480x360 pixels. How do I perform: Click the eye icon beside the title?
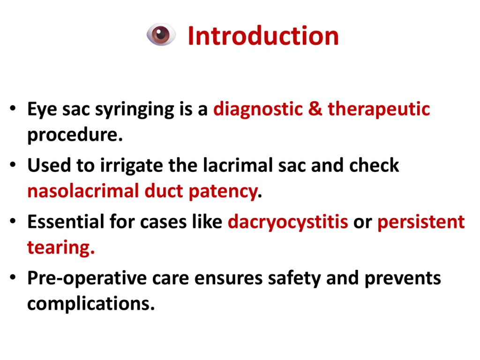pos(161,34)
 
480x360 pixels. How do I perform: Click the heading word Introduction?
pos(263,36)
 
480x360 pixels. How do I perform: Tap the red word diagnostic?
pos(258,110)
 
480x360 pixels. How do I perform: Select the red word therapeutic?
pos(379,110)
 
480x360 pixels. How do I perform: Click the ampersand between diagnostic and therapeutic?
pos(315,109)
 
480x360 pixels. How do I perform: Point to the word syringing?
pos(135,110)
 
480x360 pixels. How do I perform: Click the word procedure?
pos(75,135)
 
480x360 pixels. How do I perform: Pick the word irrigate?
pos(132,166)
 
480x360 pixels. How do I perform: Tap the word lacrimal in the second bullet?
pos(238,165)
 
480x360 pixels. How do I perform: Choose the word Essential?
pos(66,222)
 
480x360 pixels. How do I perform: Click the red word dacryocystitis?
pos(288,222)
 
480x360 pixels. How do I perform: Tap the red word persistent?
pos(421,222)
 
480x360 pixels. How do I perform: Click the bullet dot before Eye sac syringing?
pos(13,108)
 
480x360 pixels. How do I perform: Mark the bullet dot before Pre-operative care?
pos(13,277)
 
